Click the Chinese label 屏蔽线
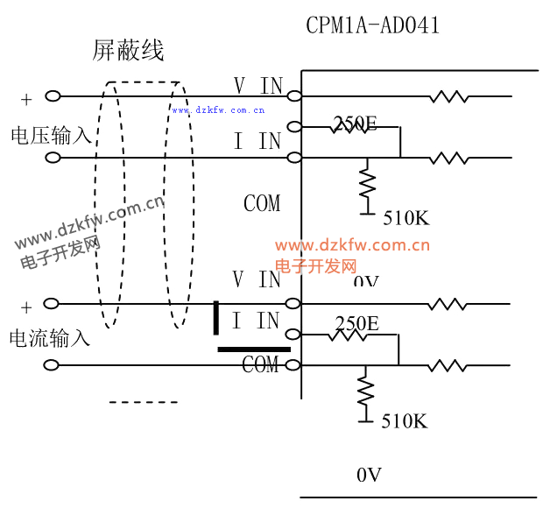click(x=129, y=51)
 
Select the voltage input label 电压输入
click(x=51, y=135)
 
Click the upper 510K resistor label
click(x=407, y=219)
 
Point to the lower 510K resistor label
click(x=405, y=421)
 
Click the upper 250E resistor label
click(x=355, y=124)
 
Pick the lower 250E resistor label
click(x=356, y=324)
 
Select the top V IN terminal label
click(x=258, y=85)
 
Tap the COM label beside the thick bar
click(x=260, y=364)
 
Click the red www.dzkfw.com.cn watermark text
click(x=352, y=245)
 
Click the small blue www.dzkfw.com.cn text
click(x=218, y=110)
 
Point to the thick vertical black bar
click(x=216, y=317)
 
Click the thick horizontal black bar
click(x=253, y=349)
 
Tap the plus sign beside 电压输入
click(x=26, y=98)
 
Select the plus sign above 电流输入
click(x=26, y=307)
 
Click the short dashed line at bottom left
click(x=144, y=402)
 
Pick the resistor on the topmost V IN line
click(x=448, y=96)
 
